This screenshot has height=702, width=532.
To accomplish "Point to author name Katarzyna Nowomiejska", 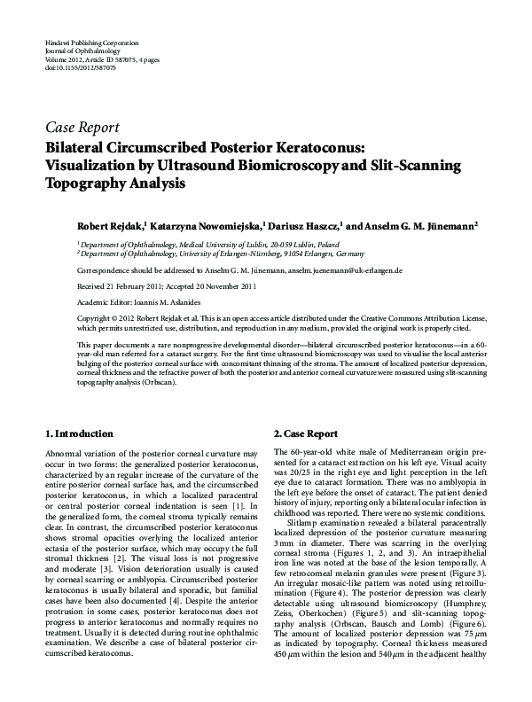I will (x=203, y=225).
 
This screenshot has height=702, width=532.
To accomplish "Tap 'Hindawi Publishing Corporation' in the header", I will (x=90, y=43).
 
